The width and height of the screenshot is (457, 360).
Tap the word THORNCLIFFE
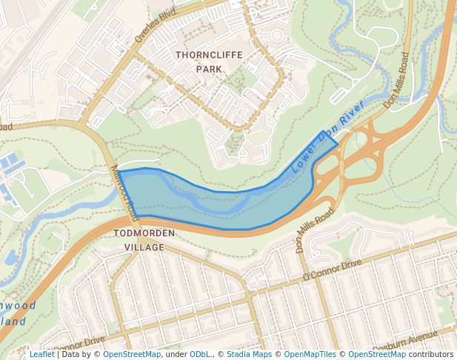pos(209,56)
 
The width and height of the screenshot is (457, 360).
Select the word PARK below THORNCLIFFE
pos(209,69)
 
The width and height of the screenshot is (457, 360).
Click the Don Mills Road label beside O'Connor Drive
pos(315,230)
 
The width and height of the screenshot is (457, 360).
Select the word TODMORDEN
pos(145,233)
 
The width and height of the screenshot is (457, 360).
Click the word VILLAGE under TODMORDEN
pos(145,247)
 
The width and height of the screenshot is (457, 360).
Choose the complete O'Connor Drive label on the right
pos(332,270)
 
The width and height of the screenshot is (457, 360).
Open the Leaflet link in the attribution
pos(41,354)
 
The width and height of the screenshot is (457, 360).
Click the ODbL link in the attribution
pos(199,354)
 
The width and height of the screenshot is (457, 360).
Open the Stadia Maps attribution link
pos(249,354)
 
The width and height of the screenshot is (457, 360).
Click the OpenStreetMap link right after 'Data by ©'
pos(131,354)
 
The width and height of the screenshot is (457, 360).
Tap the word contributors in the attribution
pos(430,354)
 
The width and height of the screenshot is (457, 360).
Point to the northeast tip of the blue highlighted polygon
pos(324,132)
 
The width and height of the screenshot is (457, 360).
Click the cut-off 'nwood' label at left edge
pos(16,305)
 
